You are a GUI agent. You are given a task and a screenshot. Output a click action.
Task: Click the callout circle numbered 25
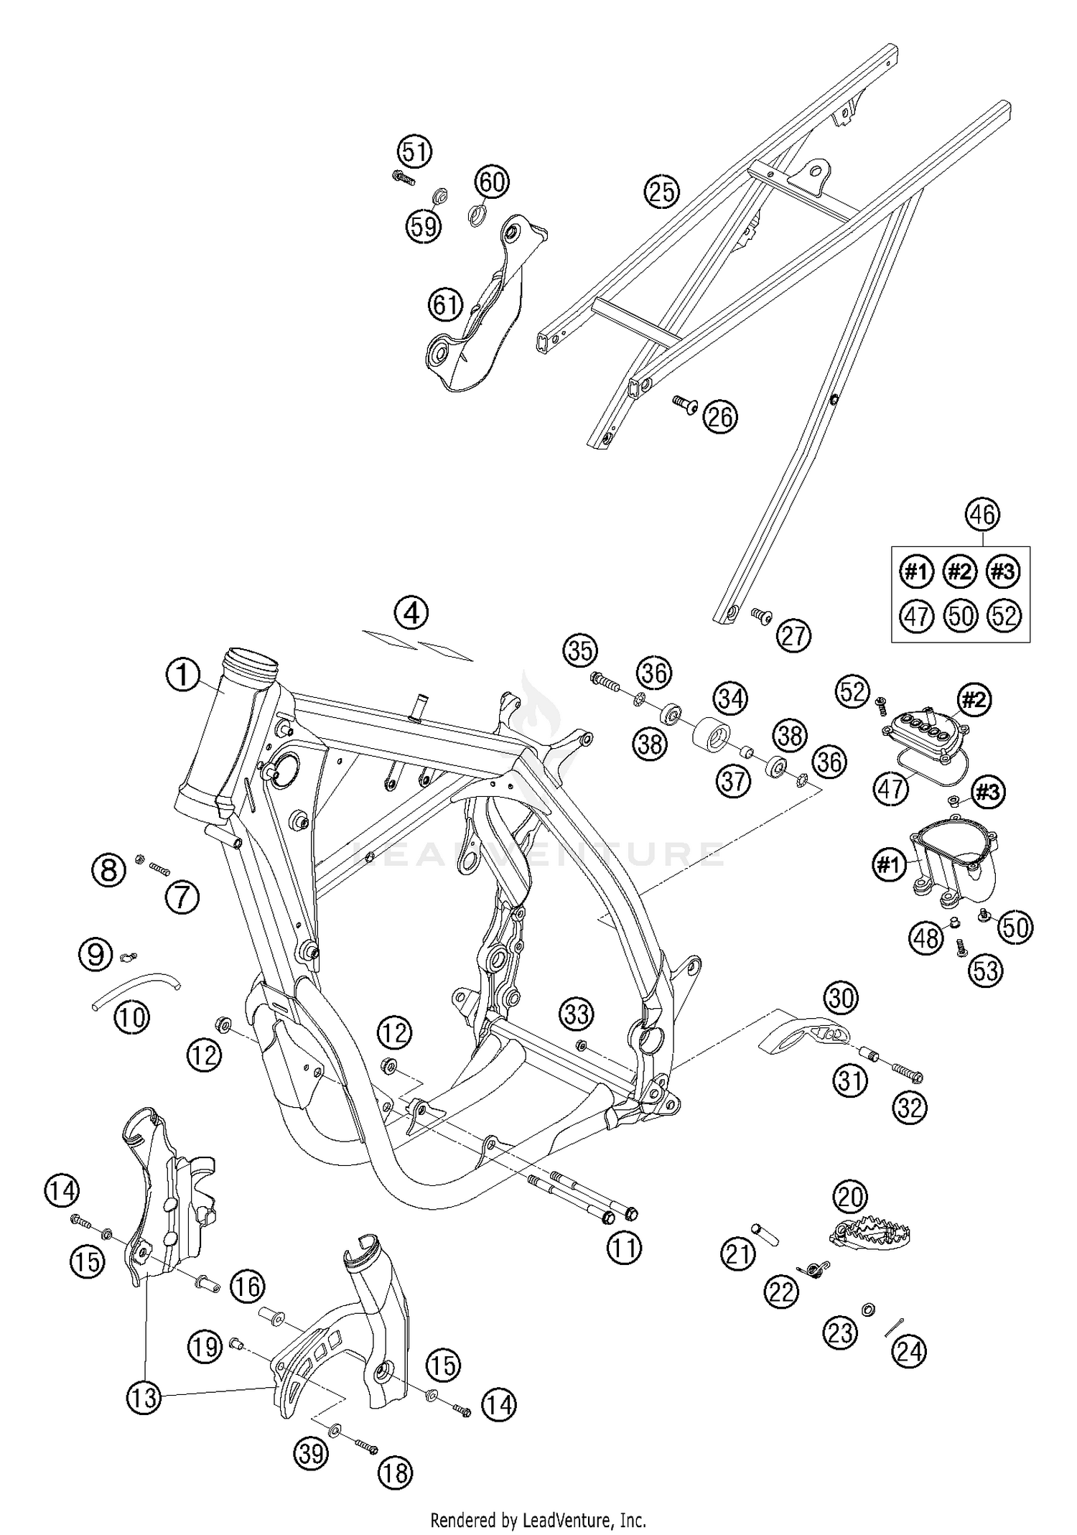coord(661,192)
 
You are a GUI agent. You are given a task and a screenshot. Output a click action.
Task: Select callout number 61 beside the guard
coord(445,305)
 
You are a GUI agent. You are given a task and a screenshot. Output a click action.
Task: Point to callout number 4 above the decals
coord(411,613)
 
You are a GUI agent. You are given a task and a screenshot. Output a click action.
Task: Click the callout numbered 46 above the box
coord(982,515)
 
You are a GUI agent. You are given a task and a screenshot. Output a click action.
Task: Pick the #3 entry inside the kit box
coord(1003,571)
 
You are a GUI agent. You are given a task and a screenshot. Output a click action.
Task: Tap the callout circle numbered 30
coord(841,998)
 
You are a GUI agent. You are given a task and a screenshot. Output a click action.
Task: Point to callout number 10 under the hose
coord(131,1017)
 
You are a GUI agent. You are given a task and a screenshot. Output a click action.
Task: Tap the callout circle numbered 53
coord(986,971)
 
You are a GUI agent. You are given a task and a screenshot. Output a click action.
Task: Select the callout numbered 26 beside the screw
coord(721,417)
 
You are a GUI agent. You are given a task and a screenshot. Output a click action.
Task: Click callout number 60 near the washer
coord(493,182)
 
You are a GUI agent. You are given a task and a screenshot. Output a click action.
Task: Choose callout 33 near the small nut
coord(577,1014)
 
